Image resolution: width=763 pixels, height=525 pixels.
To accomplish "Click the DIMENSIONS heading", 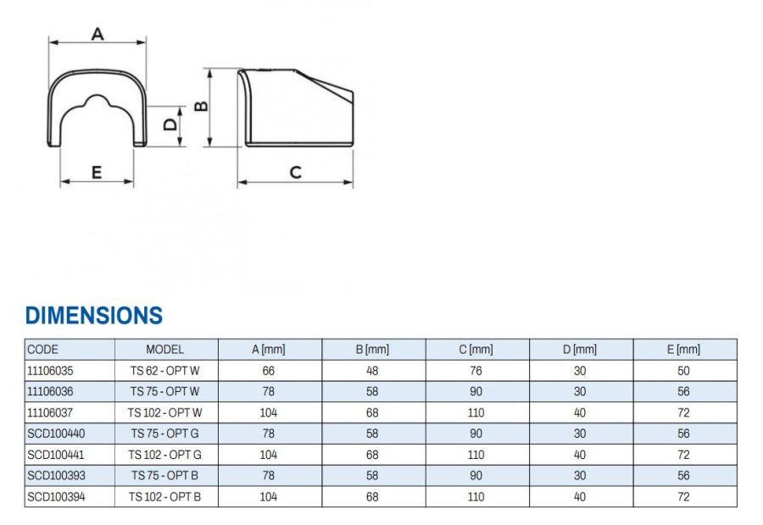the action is click(x=94, y=316).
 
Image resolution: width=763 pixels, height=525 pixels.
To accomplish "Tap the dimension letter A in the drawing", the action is click(x=97, y=34).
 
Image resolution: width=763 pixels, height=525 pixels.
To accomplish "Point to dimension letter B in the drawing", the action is click(x=201, y=106).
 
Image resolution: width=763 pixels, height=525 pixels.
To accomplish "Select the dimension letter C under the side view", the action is click(x=295, y=173).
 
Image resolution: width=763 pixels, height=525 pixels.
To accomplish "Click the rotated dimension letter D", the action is click(x=170, y=124).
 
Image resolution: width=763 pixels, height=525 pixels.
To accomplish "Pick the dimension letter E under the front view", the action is click(x=97, y=172).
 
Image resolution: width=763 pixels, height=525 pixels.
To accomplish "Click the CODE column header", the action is click(x=43, y=350).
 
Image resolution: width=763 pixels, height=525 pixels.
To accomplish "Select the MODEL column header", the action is click(x=165, y=350).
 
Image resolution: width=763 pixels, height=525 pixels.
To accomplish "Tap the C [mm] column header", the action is click(x=476, y=350).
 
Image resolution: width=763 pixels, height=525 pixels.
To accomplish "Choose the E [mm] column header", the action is click(x=683, y=350).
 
